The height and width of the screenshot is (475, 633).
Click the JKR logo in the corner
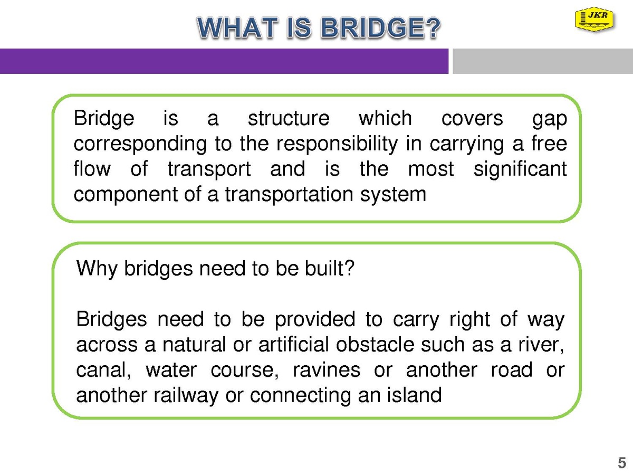pyautogui.click(x=595, y=19)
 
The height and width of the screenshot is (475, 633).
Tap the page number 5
pyautogui.click(x=622, y=463)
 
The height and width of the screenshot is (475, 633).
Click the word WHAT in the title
pyautogui.click(x=237, y=28)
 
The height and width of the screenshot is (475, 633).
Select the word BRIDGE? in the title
pyautogui.click(x=381, y=28)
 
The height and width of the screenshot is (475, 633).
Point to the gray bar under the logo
pyautogui.click(x=543, y=61)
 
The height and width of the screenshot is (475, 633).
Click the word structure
pyautogui.click(x=289, y=118)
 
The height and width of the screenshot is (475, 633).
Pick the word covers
pyautogui.click(x=472, y=119)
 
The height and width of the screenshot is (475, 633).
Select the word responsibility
pyautogui.click(x=337, y=145)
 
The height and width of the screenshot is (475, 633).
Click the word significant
pyautogui.click(x=520, y=169)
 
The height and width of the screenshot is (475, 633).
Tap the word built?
pyautogui.click(x=330, y=268)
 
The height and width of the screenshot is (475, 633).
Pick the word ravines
pyautogui.click(x=327, y=370)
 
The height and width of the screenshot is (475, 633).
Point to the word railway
pyautogui.click(x=186, y=396)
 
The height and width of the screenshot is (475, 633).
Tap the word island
pyautogui.click(x=414, y=395)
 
